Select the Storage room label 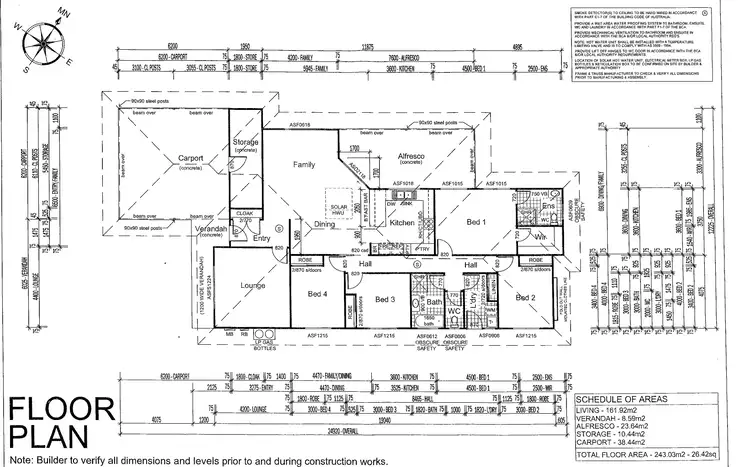(245, 144)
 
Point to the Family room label (304, 163)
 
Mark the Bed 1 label (476, 221)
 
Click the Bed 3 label (386, 299)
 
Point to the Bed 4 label (318, 293)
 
